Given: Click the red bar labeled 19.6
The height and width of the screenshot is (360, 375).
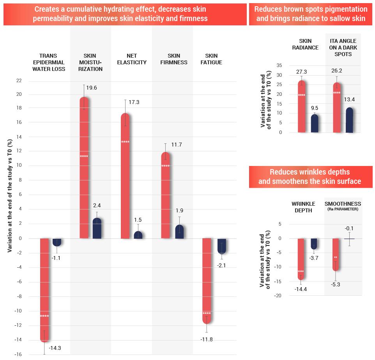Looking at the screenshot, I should click(84, 168).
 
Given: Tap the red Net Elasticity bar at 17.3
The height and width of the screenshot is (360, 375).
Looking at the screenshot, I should click(125, 176).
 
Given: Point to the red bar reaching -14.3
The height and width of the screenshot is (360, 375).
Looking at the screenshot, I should click(44, 290).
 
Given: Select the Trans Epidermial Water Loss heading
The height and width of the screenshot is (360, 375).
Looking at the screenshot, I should click(52, 62).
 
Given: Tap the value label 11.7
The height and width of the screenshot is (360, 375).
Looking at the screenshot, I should click(177, 145).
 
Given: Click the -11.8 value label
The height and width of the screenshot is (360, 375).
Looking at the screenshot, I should click(207, 340).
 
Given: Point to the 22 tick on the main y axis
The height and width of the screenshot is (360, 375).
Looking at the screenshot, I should click(19, 81).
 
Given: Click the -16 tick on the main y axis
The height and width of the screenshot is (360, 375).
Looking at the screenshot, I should click(18, 355).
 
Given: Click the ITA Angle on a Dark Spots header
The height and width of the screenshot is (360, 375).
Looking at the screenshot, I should click(343, 48).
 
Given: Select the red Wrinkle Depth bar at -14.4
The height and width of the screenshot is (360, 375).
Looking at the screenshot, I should click(301, 259).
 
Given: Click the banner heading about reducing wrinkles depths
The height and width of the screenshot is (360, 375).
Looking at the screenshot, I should click(310, 177).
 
